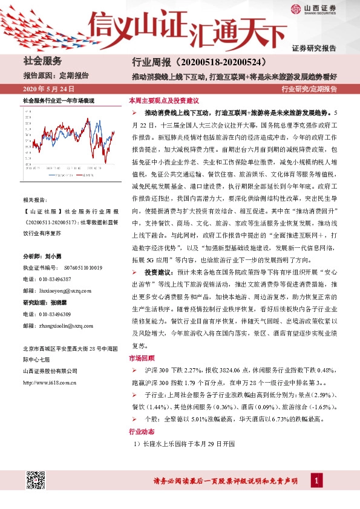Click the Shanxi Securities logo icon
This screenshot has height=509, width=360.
[x=296, y=8]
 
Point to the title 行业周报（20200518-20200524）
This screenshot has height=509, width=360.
[x=199, y=62]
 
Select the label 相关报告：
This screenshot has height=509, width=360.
[x=34, y=199]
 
